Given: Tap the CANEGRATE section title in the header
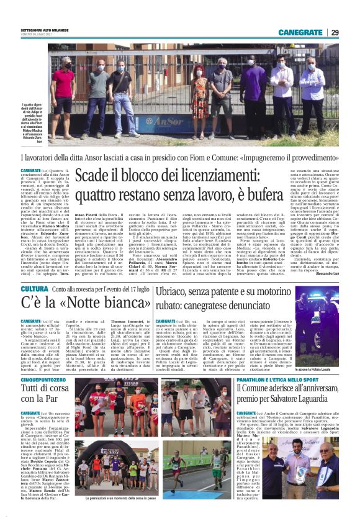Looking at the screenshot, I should (300, 32).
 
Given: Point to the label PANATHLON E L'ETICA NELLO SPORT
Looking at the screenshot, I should (291, 361).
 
